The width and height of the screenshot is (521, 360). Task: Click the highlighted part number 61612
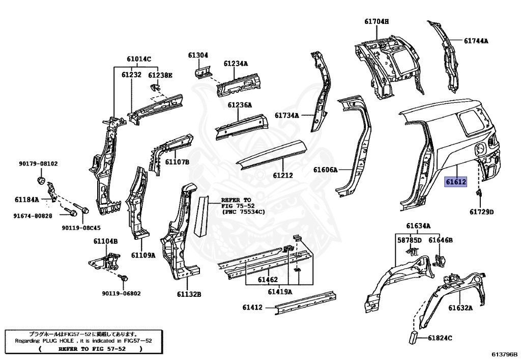456,182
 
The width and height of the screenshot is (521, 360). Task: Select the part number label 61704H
376,21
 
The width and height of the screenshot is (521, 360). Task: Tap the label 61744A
476,41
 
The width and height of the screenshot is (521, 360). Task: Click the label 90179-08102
39,164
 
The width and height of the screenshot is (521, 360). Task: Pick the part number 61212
283,175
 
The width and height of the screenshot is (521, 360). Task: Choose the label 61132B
189,294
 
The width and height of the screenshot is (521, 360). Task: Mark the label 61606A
325,170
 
